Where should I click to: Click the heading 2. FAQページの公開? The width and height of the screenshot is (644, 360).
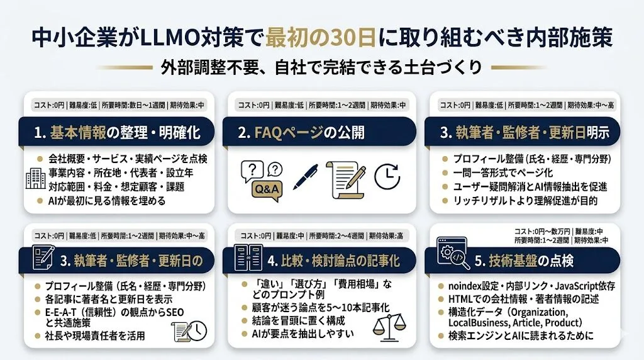[310, 133]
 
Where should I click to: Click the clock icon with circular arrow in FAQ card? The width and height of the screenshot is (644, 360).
[387, 177]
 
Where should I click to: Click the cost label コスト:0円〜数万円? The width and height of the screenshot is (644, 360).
[536, 231]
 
